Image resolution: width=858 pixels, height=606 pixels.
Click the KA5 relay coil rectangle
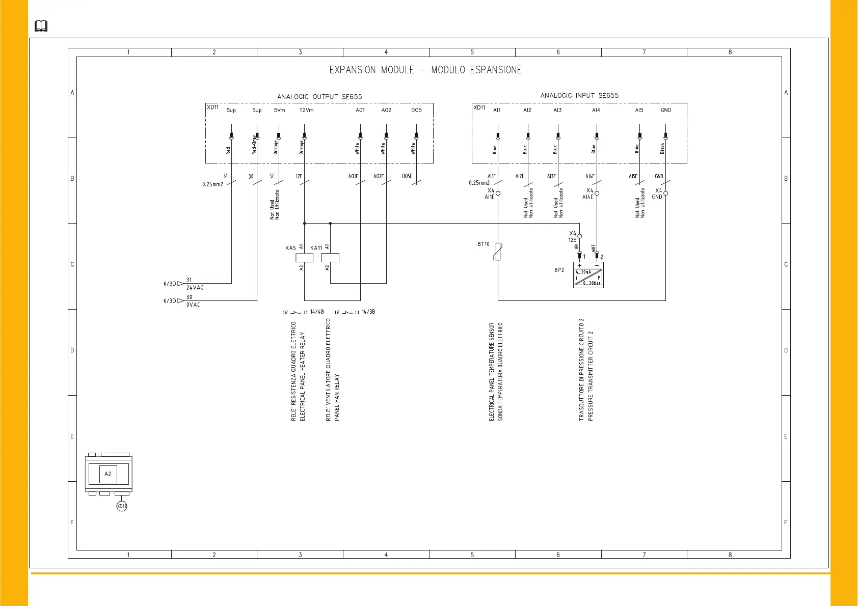coord(304,258)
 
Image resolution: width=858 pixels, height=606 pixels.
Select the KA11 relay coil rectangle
coord(330,258)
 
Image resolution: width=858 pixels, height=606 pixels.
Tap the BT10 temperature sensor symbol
coord(498,252)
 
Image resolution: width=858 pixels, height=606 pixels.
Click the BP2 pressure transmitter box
coord(588,275)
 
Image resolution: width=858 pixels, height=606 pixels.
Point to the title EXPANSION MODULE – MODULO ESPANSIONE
coord(425,70)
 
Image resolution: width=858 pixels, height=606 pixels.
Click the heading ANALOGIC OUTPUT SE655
coord(319,97)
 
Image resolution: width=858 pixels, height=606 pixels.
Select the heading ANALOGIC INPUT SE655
coord(579,95)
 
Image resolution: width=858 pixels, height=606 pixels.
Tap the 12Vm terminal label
coord(306,110)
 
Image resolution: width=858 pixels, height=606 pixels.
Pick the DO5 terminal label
coord(416,110)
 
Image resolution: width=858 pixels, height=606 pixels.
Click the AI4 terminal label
coord(596,110)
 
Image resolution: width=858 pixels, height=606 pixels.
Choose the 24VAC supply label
coord(195,288)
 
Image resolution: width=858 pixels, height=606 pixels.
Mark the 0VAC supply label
coord(193,305)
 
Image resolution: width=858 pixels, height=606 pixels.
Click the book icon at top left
coord(41,26)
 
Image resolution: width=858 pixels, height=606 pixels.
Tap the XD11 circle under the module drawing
coord(121,506)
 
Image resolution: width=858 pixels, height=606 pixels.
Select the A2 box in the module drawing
coord(108,474)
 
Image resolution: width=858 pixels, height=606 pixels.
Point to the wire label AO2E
coord(379,177)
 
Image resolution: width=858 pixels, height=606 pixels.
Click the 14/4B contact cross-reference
coord(317,312)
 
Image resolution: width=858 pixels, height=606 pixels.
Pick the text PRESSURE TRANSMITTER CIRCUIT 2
coord(591,376)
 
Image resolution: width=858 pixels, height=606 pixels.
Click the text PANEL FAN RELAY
coord(337,397)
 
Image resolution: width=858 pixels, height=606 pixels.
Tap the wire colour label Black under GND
coord(662,148)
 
